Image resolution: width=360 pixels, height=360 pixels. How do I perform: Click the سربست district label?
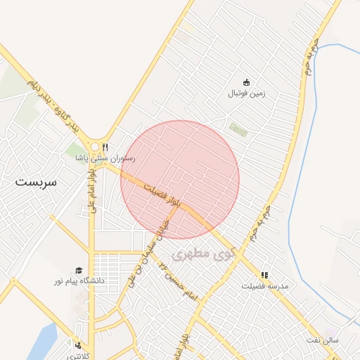39,181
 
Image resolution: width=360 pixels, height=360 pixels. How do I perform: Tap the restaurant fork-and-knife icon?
105,147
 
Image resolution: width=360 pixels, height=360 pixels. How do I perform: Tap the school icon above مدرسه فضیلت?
264,276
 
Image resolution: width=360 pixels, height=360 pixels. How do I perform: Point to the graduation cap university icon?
78,270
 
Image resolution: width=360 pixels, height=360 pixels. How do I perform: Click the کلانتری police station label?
79,354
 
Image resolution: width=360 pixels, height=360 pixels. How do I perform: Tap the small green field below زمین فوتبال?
239,129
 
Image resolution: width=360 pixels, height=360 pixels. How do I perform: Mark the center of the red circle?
180,180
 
